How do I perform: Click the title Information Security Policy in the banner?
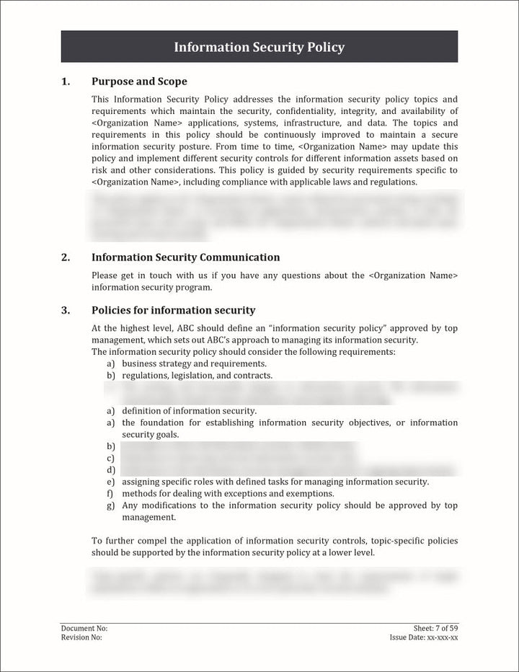pyautogui.click(x=259, y=48)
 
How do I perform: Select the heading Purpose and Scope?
pyautogui.click(x=139, y=81)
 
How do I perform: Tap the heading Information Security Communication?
pyautogui.click(x=185, y=257)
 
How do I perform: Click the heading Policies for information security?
pyautogui.click(x=173, y=310)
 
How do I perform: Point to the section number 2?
pyautogui.click(x=66, y=257)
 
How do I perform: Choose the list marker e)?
pyautogui.click(x=111, y=482)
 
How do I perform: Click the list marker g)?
pyautogui.click(x=111, y=505)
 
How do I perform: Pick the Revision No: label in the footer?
pyautogui.click(x=81, y=637)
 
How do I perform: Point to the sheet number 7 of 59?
pyautogui.click(x=440, y=629)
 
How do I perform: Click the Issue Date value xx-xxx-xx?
pyautogui.click(x=443, y=637)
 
